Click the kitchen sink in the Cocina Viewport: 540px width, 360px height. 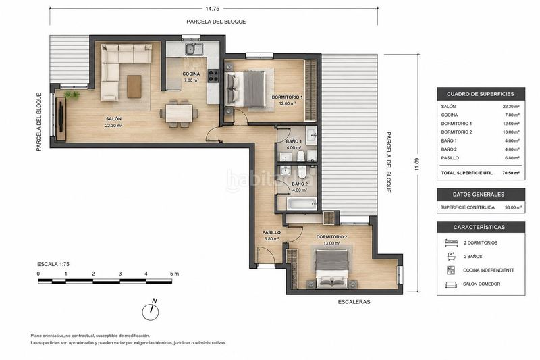point(194,49)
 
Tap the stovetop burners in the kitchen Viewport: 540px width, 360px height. point(213,76)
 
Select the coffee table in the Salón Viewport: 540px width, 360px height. point(134,86)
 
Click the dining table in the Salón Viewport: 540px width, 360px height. point(179,113)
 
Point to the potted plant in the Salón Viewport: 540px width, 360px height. point(72,95)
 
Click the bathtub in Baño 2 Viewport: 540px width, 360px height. point(302,203)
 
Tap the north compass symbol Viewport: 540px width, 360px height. point(151,311)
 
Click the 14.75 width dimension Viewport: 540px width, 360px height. point(212,9)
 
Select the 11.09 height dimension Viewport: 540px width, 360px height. point(417,164)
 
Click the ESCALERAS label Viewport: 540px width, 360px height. point(354,302)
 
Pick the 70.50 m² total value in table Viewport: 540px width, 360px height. point(511,173)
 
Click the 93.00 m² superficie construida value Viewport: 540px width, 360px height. point(513,207)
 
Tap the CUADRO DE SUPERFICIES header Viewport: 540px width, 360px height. point(481,94)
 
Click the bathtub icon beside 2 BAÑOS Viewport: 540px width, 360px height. point(451,256)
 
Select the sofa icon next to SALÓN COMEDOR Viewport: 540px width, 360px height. point(451,284)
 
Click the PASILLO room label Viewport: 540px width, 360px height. point(271,232)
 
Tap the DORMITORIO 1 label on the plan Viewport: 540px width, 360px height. point(288,97)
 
